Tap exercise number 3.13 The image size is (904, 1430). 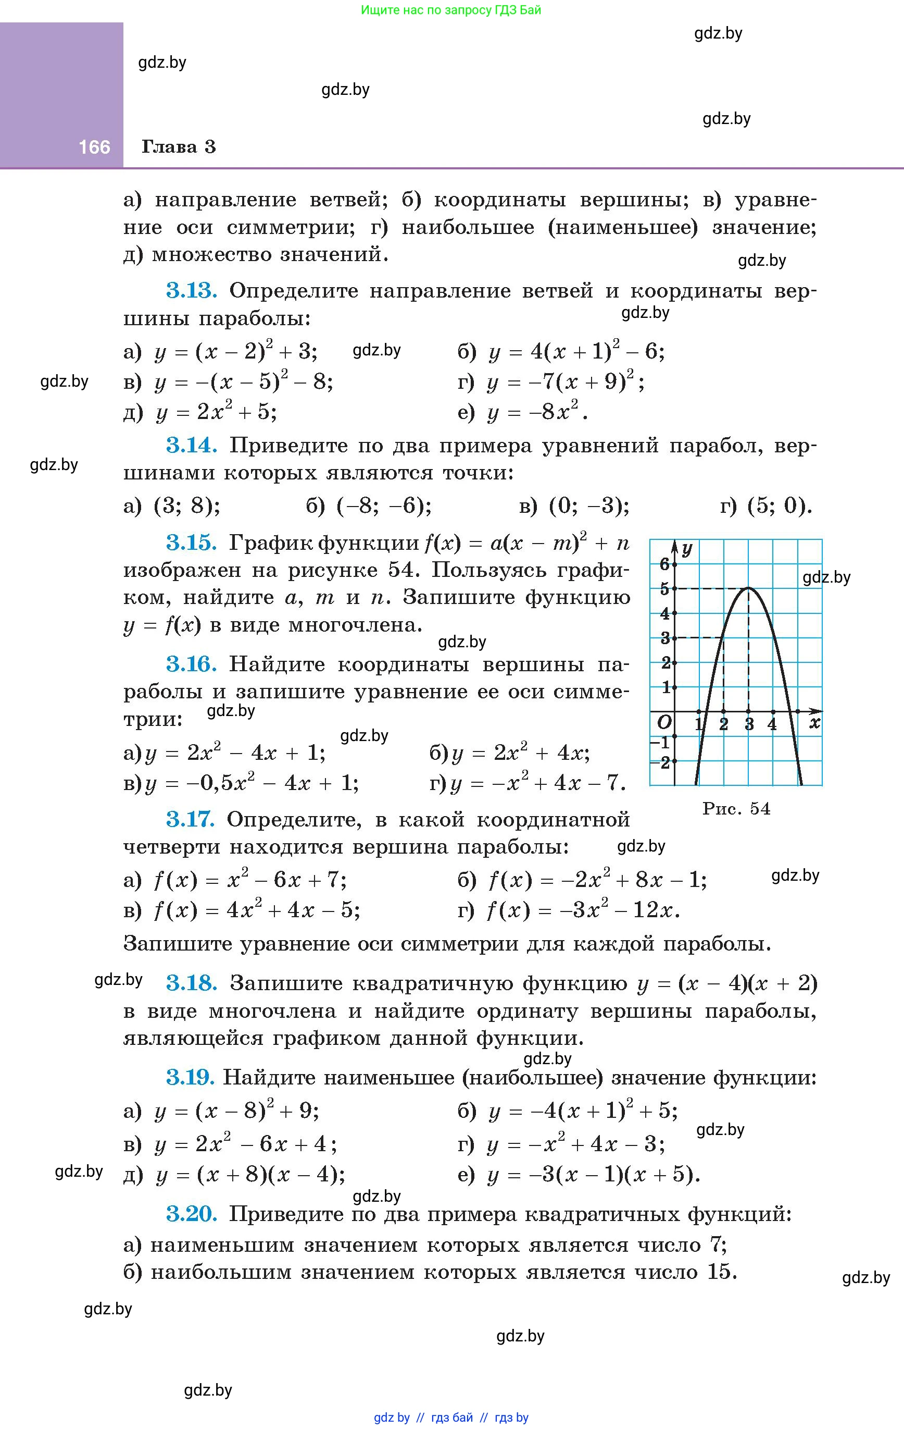(x=191, y=291)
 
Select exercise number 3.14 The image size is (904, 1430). (x=191, y=446)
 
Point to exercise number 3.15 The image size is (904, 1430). (x=191, y=543)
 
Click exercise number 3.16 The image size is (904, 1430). (x=191, y=664)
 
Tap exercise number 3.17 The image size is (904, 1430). (x=190, y=820)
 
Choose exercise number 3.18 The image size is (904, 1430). (x=191, y=983)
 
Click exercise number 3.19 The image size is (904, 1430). (x=190, y=1077)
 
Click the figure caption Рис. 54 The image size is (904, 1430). (x=736, y=809)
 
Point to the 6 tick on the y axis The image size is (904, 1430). (x=665, y=564)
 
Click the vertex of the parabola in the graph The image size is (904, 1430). (x=748, y=588)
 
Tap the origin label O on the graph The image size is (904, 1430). (x=664, y=722)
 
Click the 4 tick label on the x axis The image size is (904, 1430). (x=772, y=724)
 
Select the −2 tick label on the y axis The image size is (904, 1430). (x=662, y=762)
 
